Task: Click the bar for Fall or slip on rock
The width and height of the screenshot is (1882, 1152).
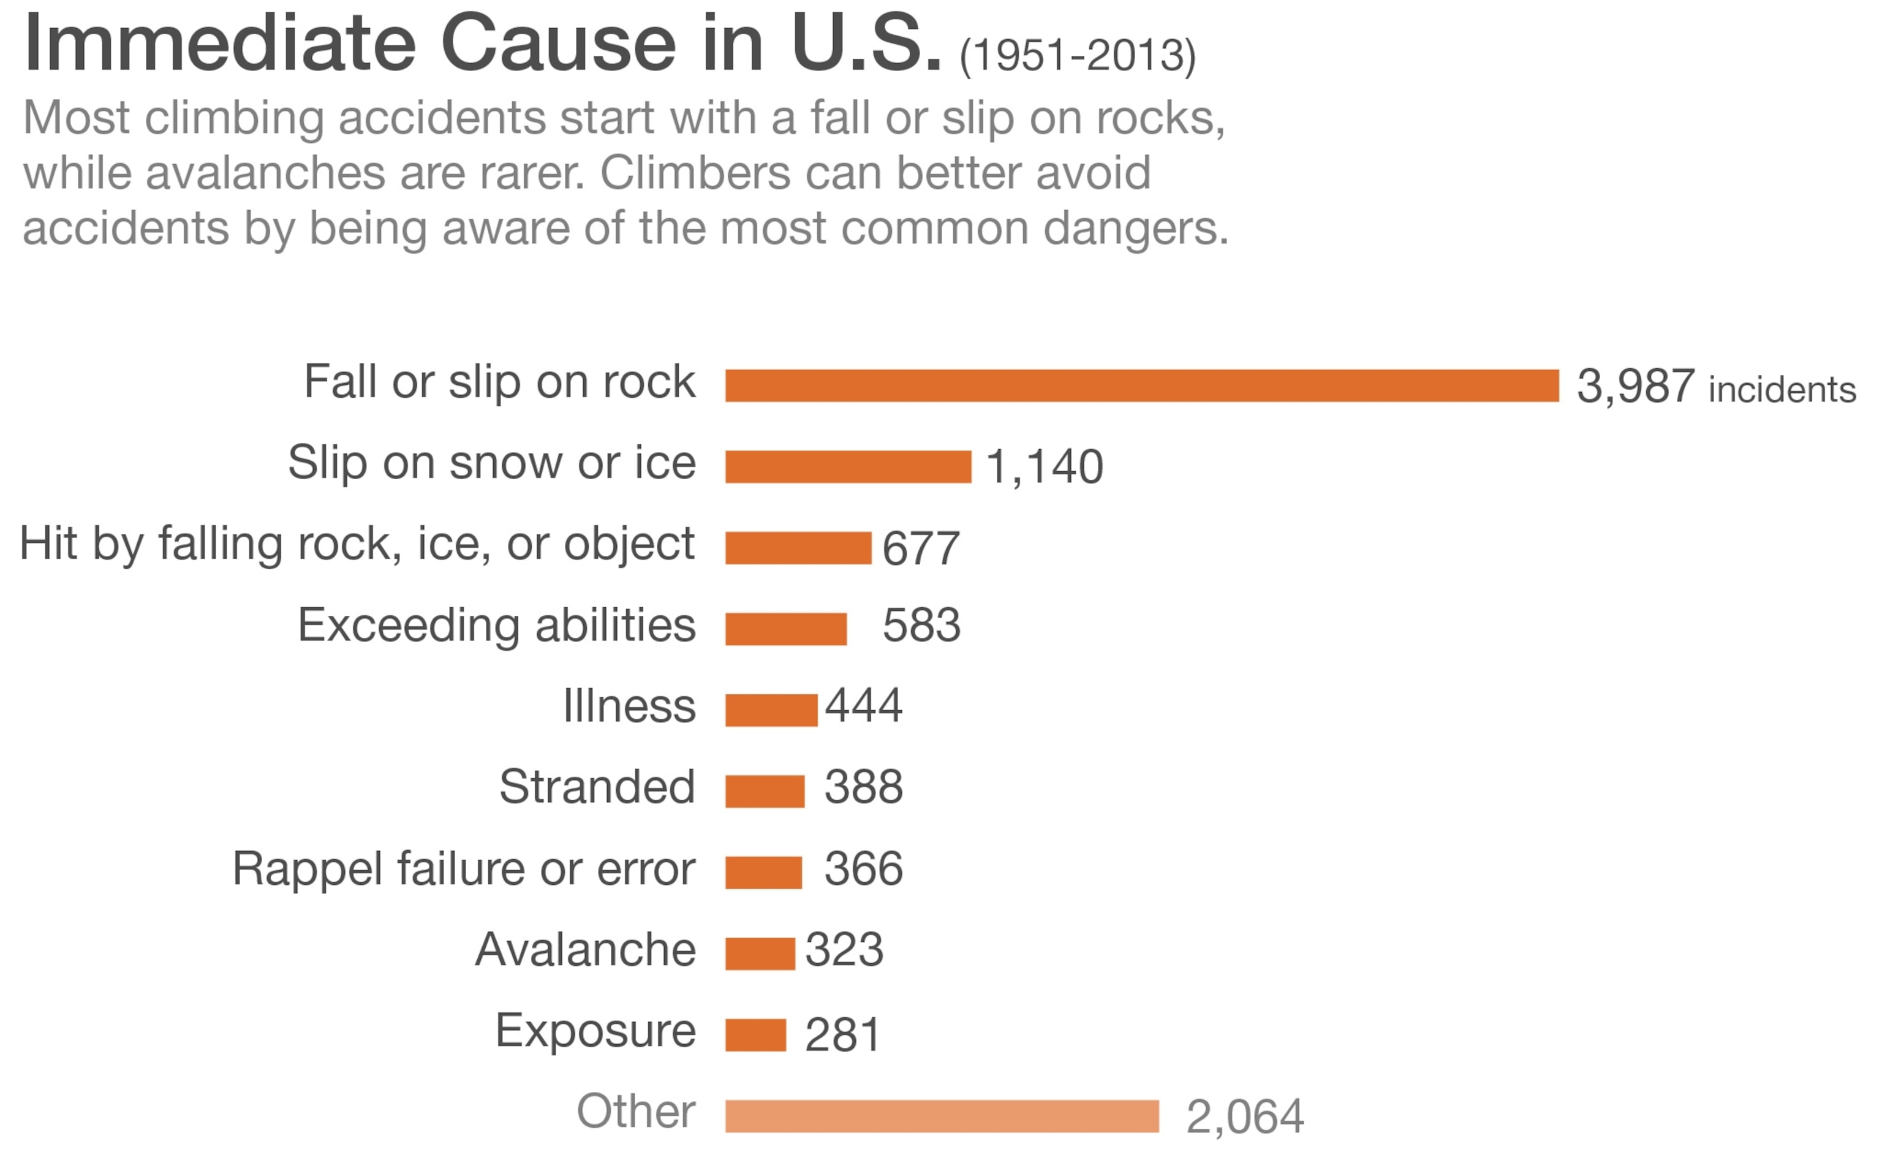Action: coord(1141,386)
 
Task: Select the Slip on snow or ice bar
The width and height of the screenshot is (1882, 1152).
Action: coord(848,467)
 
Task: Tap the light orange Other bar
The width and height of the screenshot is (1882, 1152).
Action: coord(942,1116)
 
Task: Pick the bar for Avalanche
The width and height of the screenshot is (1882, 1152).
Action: coord(760,953)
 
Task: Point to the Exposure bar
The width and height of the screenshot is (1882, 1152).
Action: coord(755,1035)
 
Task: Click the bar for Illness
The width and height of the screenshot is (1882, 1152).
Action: coord(771,710)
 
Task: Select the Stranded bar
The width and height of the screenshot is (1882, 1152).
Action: coord(765,792)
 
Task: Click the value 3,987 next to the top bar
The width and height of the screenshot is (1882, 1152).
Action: coord(1635,386)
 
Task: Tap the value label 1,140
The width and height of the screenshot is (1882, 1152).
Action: coord(1044,467)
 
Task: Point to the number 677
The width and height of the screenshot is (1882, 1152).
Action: coord(920,548)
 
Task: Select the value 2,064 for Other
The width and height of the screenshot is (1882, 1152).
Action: coord(1244,1117)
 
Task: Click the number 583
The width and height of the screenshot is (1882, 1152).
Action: coord(921,626)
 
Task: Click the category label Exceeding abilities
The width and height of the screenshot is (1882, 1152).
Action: coord(496,626)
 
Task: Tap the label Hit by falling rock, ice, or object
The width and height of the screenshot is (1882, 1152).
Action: coord(357,544)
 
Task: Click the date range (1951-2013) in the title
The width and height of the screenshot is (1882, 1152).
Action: coord(1077,56)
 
